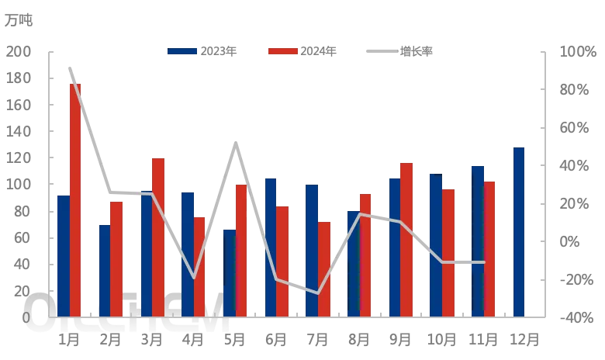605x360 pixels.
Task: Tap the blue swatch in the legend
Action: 182,50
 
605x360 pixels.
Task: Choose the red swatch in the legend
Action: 282,50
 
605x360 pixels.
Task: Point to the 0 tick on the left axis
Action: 26,317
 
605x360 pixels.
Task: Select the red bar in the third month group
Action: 158,237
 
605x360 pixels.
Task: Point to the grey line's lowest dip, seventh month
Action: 318,292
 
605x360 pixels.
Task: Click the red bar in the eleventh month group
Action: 489,248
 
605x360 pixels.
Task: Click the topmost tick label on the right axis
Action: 575,51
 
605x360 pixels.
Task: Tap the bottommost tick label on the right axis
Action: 575,316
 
